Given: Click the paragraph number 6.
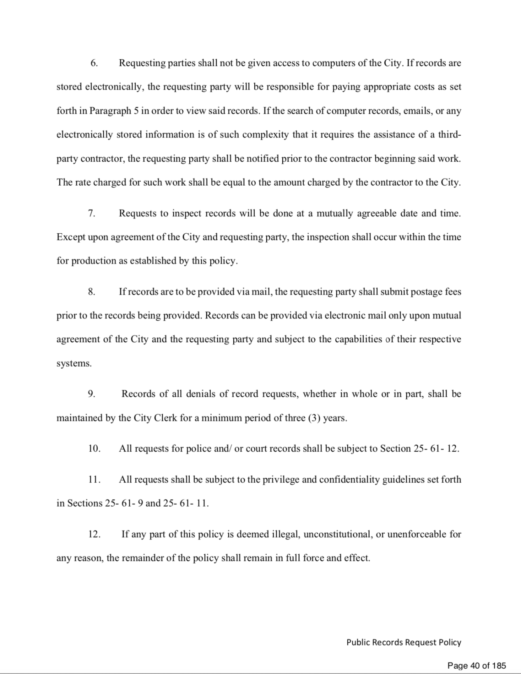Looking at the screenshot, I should pyautogui.click(x=94, y=63).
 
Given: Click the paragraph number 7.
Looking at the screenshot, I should pyautogui.click(x=92, y=213).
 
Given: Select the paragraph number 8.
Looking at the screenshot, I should pyautogui.click(x=92, y=292).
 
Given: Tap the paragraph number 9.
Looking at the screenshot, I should pyautogui.click(x=92, y=394).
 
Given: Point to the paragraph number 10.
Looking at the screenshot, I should pyautogui.click(x=94, y=449).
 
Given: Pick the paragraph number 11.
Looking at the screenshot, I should pyautogui.click(x=94, y=479).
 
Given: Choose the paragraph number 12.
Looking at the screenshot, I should pyautogui.click(x=94, y=534).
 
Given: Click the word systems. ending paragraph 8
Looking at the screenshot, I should pyautogui.click(x=74, y=364).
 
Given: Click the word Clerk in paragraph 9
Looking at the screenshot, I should pyautogui.click(x=165, y=418).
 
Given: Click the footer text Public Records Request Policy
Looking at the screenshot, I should pyautogui.click(x=403, y=642).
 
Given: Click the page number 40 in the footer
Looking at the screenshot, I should pyautogui.click(x=474, y=666).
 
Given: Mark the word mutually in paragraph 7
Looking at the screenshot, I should pyautogui.click(x=335, y=213).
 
